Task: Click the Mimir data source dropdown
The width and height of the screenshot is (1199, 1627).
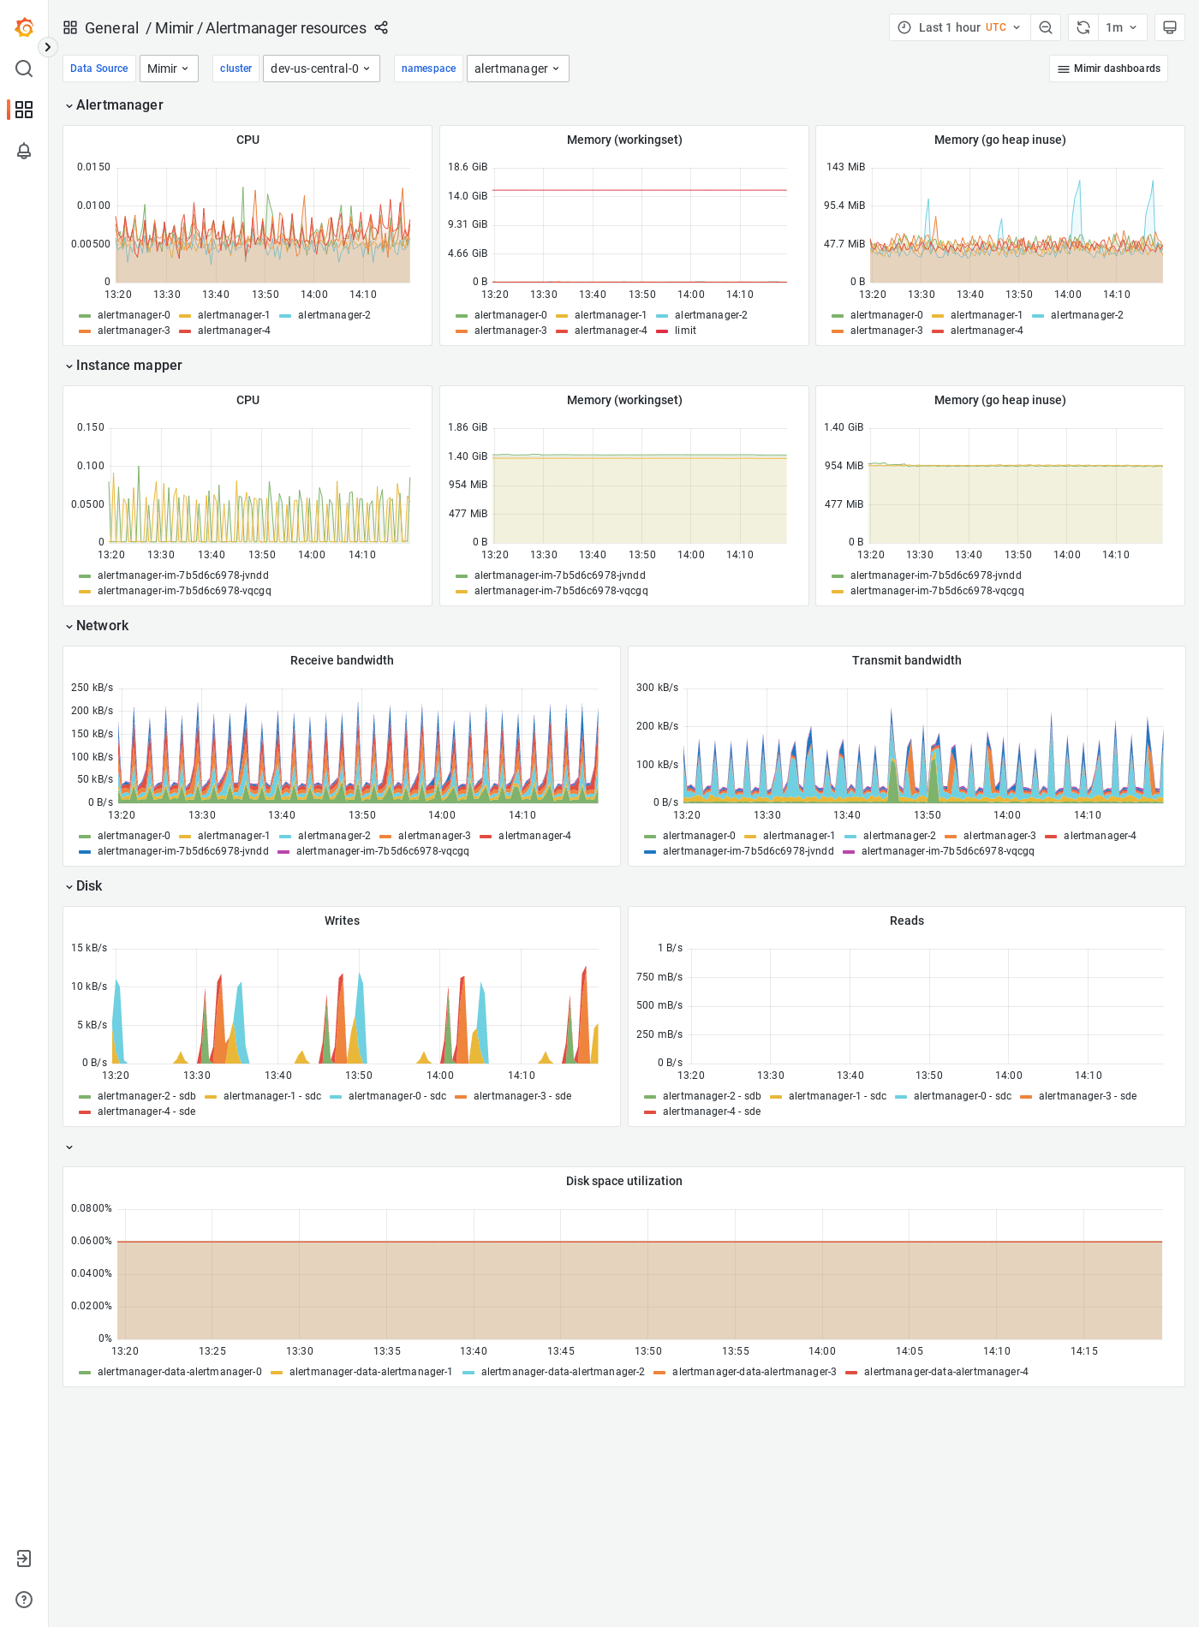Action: click(x=169, y=69)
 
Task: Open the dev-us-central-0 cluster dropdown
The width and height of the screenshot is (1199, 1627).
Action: click(x=321, y=69)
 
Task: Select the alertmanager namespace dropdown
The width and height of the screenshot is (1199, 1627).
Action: click(x=517, y=69)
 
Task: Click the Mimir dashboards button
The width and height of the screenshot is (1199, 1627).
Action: click(x=1108, y=69)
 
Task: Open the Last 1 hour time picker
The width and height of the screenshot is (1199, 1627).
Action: click(x=959, y=27)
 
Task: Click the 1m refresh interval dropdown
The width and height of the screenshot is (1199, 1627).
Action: click(x=1120, y=27)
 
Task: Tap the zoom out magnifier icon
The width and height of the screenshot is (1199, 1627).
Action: click(x=1046, y=27)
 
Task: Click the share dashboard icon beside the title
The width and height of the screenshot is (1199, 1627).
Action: click(x=381, y=28)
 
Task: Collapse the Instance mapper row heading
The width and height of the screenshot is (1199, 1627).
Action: click(x=128, y=366)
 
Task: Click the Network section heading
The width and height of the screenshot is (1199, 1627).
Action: click(x=102, y=626)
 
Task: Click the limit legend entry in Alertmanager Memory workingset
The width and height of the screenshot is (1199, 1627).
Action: click(x=684, y=331)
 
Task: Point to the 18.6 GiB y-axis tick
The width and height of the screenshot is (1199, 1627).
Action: click(x=468, y=167)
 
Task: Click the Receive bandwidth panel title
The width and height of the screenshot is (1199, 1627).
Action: click(x=342, y=660)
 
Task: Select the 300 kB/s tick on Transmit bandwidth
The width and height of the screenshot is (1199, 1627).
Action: click(x=657, y=688)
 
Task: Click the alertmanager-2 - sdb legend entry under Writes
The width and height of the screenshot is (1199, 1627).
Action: click(x=146, y=1096)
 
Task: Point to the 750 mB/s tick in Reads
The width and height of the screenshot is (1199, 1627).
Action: click(x=659, y=977)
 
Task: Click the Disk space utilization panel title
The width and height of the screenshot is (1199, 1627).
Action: click(x=623, y=1181)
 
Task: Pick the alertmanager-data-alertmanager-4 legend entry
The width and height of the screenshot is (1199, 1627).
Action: click(x=945, y=1372)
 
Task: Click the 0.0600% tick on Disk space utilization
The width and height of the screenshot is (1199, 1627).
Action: click(x=92, y=1241)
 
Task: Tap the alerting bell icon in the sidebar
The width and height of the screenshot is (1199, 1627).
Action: click(x=24, y=151)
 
